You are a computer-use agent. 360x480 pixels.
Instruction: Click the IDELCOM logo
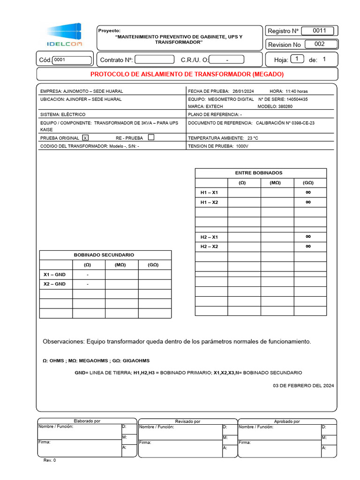coord(64,35)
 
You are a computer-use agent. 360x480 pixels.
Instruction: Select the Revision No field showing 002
coord(321,45)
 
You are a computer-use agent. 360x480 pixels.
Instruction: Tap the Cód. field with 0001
coord(72,60)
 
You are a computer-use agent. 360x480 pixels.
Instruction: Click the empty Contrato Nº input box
coord(154,60)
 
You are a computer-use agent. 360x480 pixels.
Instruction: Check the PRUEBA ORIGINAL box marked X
coord(85,138)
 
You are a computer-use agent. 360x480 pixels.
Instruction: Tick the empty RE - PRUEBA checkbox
coord(151,138)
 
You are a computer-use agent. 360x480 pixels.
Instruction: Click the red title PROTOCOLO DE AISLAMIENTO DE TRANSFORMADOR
coord(187,74)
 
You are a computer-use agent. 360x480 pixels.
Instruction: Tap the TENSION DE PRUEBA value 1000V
coord(242,146)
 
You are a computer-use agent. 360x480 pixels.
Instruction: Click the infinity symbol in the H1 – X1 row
coord(308,193)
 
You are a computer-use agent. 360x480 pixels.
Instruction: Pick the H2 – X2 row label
coord(209,247)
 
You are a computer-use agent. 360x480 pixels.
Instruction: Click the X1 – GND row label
coord(54,275)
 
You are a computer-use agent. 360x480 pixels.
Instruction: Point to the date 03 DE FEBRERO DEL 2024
coord(303,386)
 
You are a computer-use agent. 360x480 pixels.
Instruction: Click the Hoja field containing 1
coord(297,59)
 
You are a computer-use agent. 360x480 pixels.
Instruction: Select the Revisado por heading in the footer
coord(187,421)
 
